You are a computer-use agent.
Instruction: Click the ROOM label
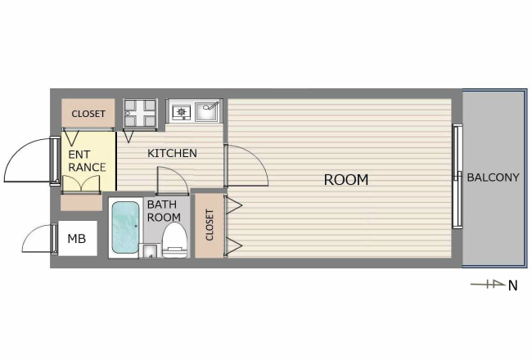pos(346,180)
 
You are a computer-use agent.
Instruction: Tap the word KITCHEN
pos(172,153)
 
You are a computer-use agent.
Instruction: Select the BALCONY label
pos(493,178)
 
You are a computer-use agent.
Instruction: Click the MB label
pos(77,239)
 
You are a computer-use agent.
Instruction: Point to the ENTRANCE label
pos(87,161)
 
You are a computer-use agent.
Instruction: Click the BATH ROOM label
pos(164,211)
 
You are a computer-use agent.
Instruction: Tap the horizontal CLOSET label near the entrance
pos(88,114)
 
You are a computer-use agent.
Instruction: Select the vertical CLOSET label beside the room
pos(210,225)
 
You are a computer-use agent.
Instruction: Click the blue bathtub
pos(125,227)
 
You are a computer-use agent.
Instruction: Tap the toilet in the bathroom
pos(174,241)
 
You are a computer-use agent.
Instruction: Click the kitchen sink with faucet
pos(208,111)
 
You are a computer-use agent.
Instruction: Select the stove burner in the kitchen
pos(181,111)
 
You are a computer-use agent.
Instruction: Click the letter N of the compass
pos(512,286)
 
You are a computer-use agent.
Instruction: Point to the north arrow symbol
pos(488,284)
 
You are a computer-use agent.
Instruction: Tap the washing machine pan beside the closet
pos(140,115)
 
